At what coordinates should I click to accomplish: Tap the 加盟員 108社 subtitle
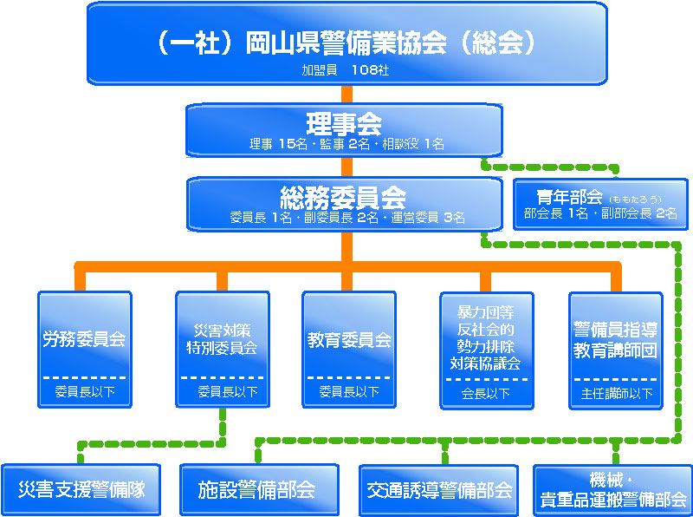click(346, 69)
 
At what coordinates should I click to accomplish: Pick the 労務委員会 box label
click(84, 339)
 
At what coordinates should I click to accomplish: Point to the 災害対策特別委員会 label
click(222, 339)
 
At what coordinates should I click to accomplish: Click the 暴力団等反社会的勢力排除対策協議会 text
click(484, 337)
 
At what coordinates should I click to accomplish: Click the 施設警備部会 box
click(256, 490)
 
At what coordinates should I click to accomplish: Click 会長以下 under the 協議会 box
click(484, 393)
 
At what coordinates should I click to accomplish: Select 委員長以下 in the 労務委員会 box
click(84, 392)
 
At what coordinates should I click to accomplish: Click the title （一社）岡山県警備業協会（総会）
click(346, 43)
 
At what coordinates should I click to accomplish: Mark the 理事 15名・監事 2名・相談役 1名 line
click(346, 144)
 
